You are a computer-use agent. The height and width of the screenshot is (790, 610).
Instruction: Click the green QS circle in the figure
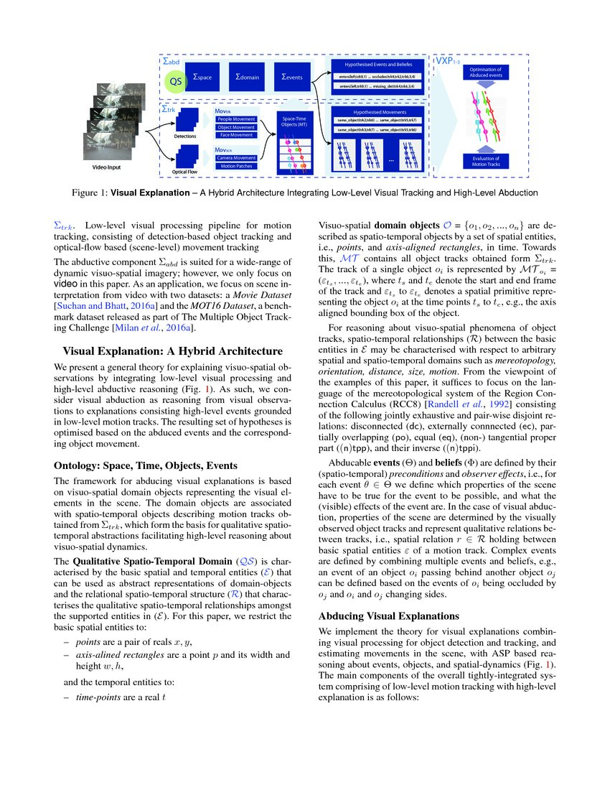[x=175, y=81]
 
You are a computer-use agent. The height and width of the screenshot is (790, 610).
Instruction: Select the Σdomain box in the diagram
[x=248, y=76]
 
